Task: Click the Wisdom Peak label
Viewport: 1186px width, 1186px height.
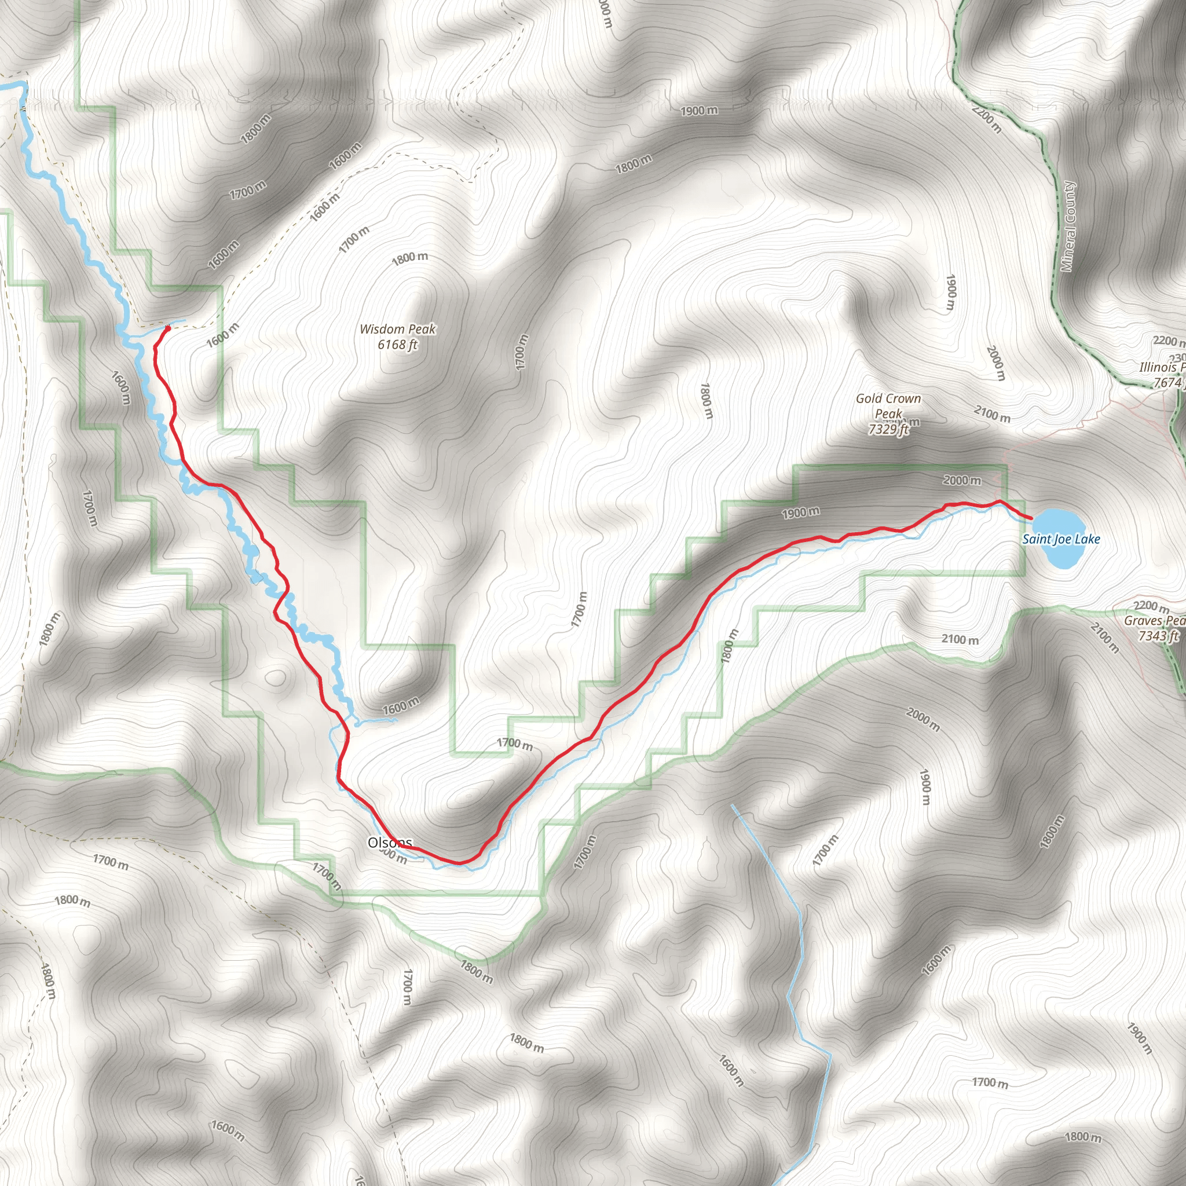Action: (x=397, y=329)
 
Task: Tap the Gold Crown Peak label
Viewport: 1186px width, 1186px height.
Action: (x=888, y=406)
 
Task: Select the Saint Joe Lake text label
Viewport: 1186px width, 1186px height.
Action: (x=1061, y=539)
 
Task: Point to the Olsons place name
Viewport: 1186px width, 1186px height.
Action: (x=389, y=842)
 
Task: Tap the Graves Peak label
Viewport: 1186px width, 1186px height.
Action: (x=1154, y=621)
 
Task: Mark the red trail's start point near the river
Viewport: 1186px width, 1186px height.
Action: (x=166, y=328)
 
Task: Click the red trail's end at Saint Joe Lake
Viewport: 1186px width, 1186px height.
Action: (x=1030, y=519)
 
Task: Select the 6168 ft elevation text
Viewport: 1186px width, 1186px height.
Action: (x=397, y=345)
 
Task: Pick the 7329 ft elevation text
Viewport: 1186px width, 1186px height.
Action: (x=888, y=429)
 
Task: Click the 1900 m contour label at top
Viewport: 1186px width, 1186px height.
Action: (x=698, y=111)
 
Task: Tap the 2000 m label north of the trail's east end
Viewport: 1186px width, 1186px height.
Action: (x=961, y=480)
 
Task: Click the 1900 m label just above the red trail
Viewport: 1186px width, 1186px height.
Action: (x=800, y=512)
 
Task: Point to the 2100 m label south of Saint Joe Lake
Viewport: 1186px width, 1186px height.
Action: (x=960, y=639)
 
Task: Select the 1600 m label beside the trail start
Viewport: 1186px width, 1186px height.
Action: (x=222, y=335)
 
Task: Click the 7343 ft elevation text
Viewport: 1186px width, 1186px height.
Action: (x=1158, y=636)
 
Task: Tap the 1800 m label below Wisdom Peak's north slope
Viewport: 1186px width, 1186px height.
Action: (x=409, y=258)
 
